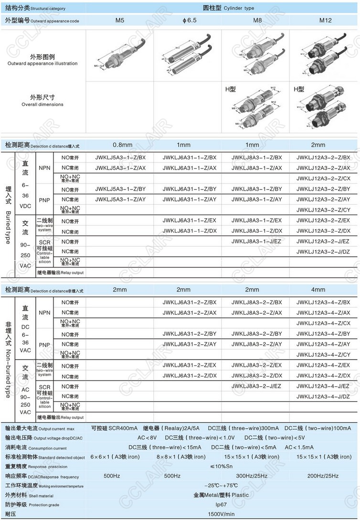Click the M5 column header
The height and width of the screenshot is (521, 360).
[x=120, y=21]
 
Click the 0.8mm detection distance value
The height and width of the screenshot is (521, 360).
[x=122, y=145]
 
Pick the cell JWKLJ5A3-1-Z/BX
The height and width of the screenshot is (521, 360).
[x=120, y=158]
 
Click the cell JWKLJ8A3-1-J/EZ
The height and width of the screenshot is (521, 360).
[x=256, y=241]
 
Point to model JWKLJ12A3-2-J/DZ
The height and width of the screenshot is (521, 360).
[x=323, y=252]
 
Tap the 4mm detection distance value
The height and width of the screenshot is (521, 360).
[x=318, y=289]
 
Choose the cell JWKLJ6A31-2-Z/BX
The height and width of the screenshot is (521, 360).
[x=190, y=302]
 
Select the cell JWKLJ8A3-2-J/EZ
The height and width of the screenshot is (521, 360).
[x=256, y=386]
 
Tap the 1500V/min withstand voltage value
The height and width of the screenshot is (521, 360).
[x=221, y=514]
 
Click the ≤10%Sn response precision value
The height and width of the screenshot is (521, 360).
[x=221, y=466]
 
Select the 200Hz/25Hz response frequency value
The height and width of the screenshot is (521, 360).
[x=323, y=476]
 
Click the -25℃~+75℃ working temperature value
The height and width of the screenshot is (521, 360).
[x=221, y=485]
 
